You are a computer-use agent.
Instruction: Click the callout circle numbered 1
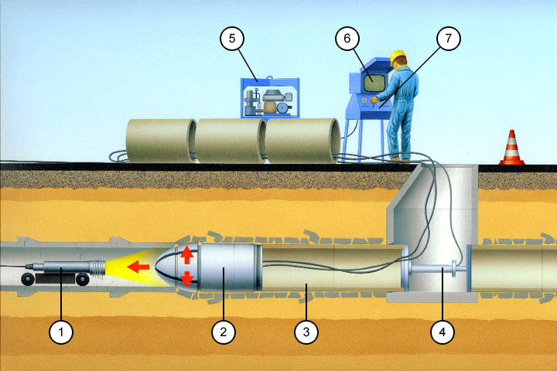[61, 332]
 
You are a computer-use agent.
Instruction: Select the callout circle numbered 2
[223, 332]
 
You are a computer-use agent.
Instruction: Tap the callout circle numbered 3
[306, 332]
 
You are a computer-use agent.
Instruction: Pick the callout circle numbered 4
[443, 332]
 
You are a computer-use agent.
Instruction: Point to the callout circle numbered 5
[232, 38]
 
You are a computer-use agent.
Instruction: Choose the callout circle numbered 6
[347, 38]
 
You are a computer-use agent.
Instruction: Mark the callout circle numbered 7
[448, 38]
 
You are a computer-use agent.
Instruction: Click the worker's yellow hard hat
[398, 56]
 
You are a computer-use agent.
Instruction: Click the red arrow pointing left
[138, 267]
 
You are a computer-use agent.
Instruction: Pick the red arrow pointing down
[187, 279]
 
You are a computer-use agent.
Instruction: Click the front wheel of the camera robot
[83, 279]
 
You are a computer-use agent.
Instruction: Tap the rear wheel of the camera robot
[28, 279]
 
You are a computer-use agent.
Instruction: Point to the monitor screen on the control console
[374, 83]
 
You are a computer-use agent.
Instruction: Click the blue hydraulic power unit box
[270, 97]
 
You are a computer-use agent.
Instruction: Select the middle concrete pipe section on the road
[231, 141]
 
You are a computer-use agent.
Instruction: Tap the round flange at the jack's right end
[454, 269]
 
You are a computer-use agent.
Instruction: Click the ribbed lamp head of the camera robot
[97, 267]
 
